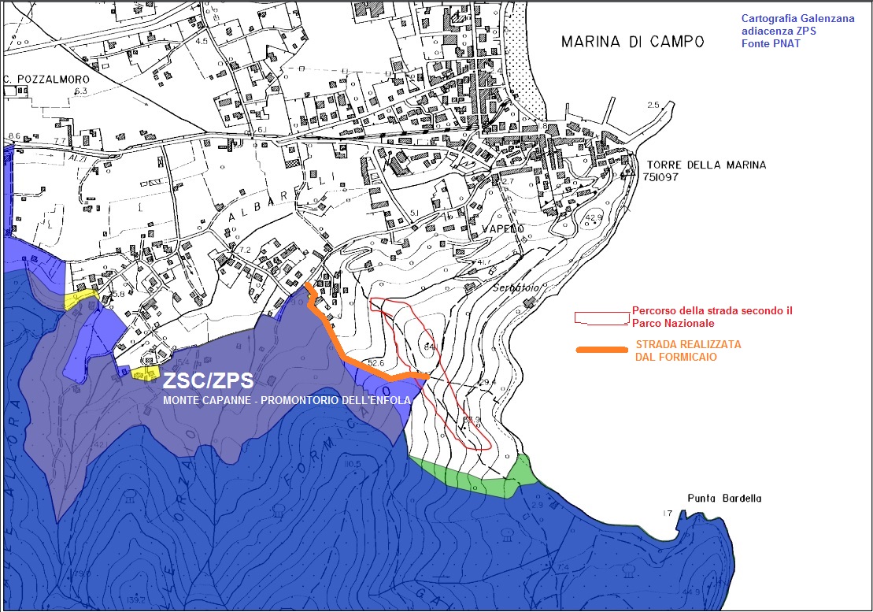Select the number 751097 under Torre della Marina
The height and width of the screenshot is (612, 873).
661,178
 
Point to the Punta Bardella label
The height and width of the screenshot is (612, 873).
724,499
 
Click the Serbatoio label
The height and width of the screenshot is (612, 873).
516,288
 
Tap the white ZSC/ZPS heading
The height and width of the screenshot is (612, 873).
208,381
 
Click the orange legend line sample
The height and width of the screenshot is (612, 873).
603,351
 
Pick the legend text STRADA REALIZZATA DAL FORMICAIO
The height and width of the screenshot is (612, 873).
688,351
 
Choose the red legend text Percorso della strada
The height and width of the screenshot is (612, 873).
712,317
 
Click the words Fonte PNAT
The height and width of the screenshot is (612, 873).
771,43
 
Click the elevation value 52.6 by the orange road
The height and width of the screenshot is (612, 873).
375,363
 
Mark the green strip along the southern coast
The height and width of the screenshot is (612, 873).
472,477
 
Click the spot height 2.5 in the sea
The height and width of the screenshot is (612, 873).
653,106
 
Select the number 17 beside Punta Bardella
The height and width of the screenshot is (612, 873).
668,514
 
